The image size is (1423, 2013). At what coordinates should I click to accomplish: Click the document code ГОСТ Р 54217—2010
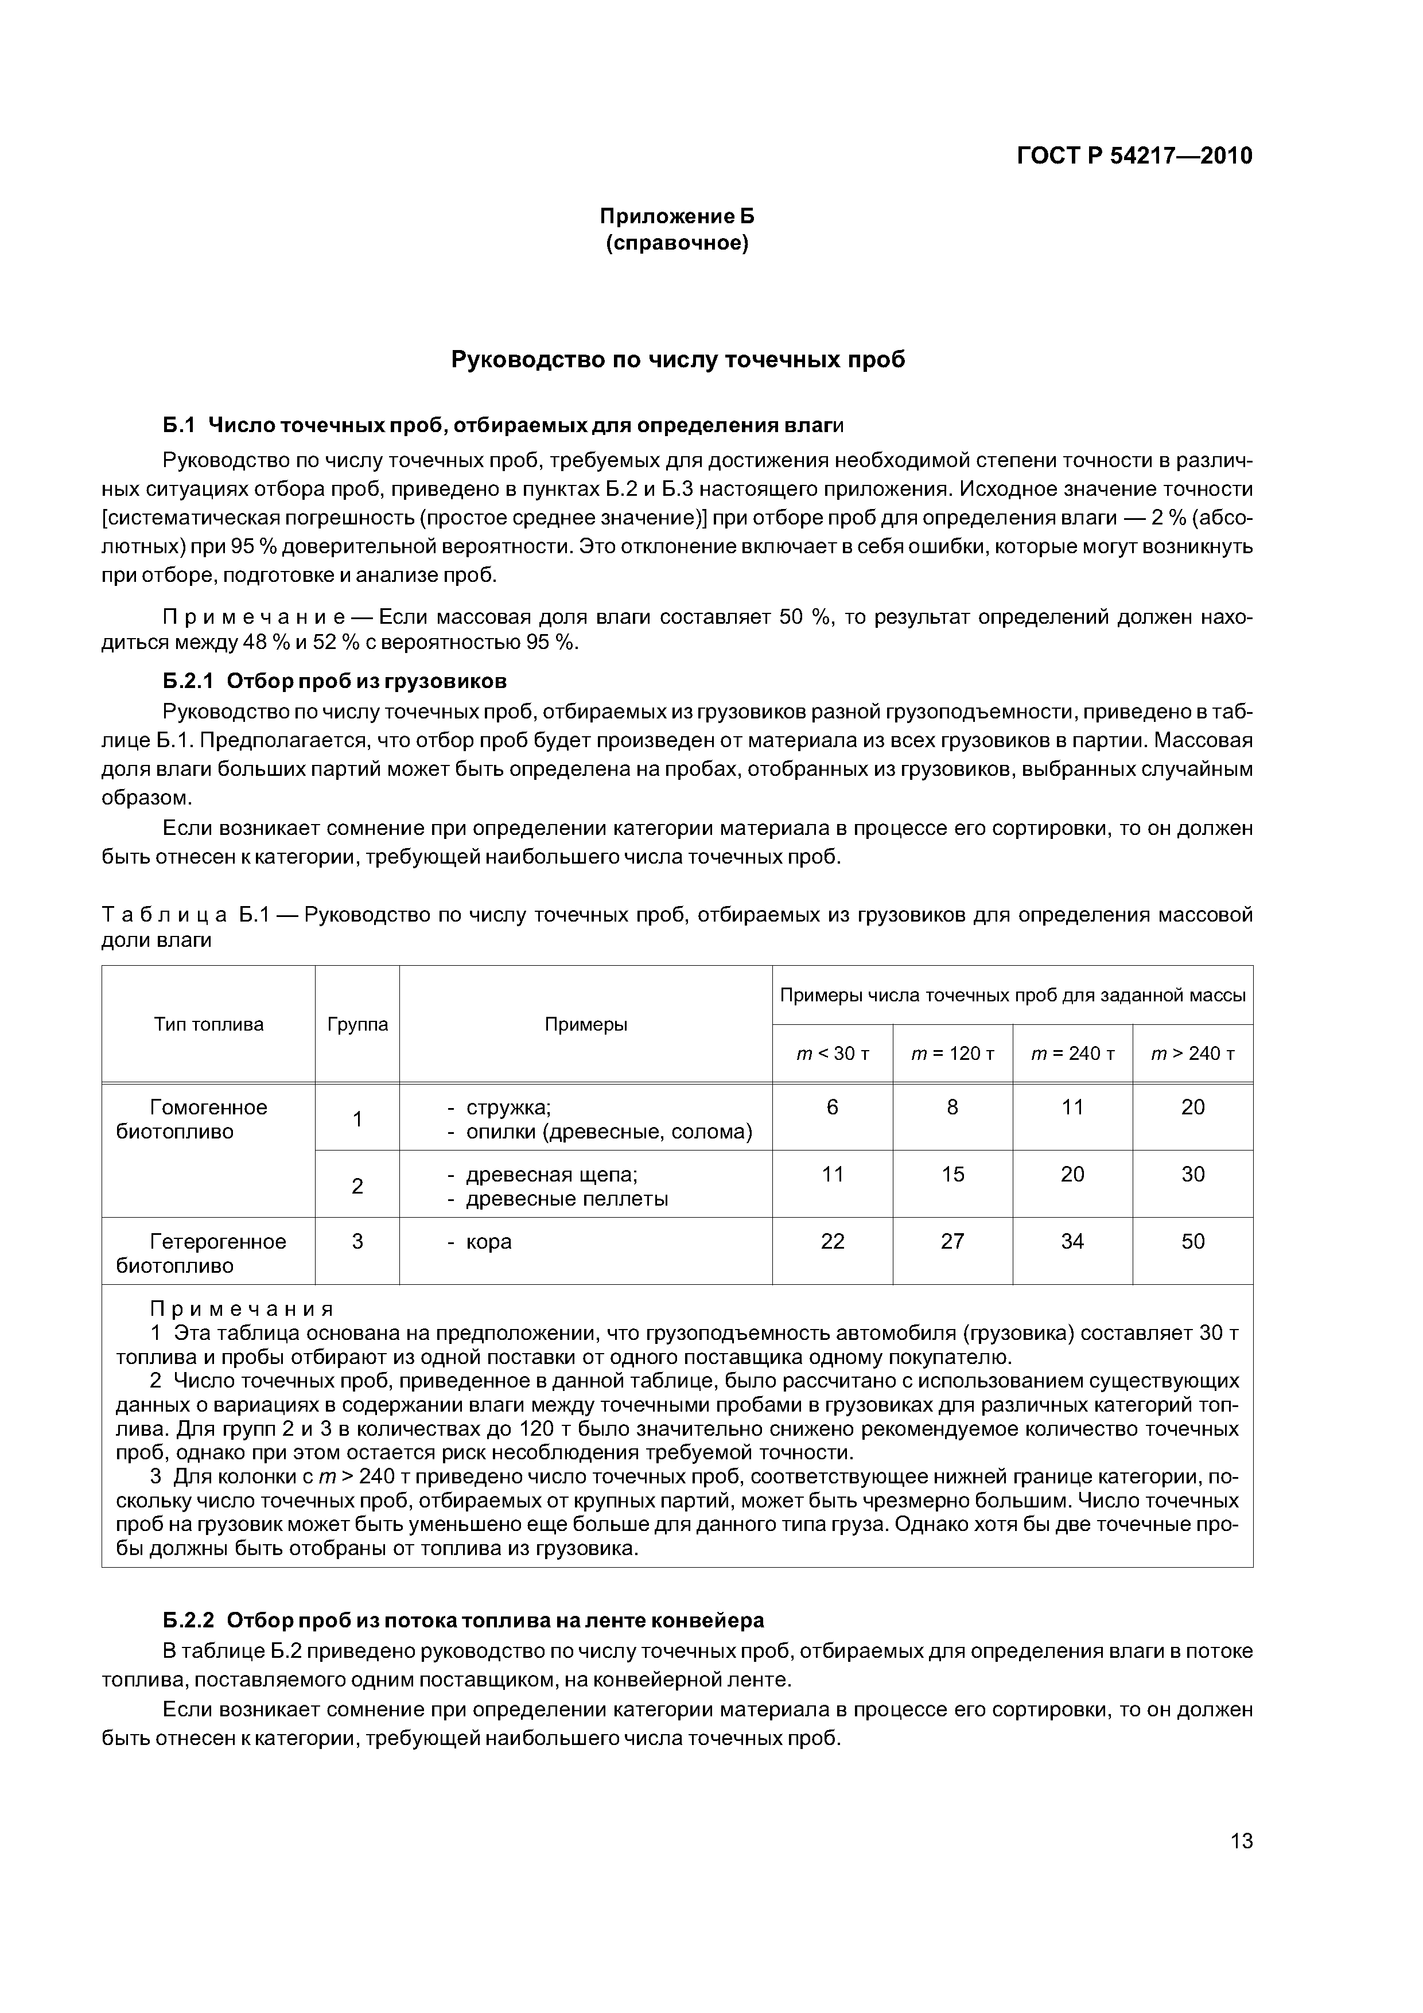1134,156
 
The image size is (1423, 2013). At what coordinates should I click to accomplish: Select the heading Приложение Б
676,216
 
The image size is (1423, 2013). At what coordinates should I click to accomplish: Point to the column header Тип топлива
209,1024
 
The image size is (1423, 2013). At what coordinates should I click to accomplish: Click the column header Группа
357,1024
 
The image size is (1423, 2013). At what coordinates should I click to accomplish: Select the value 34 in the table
1072,1241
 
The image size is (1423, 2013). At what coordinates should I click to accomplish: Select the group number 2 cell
357,1186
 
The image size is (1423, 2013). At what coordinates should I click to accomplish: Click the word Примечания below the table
242,1309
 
